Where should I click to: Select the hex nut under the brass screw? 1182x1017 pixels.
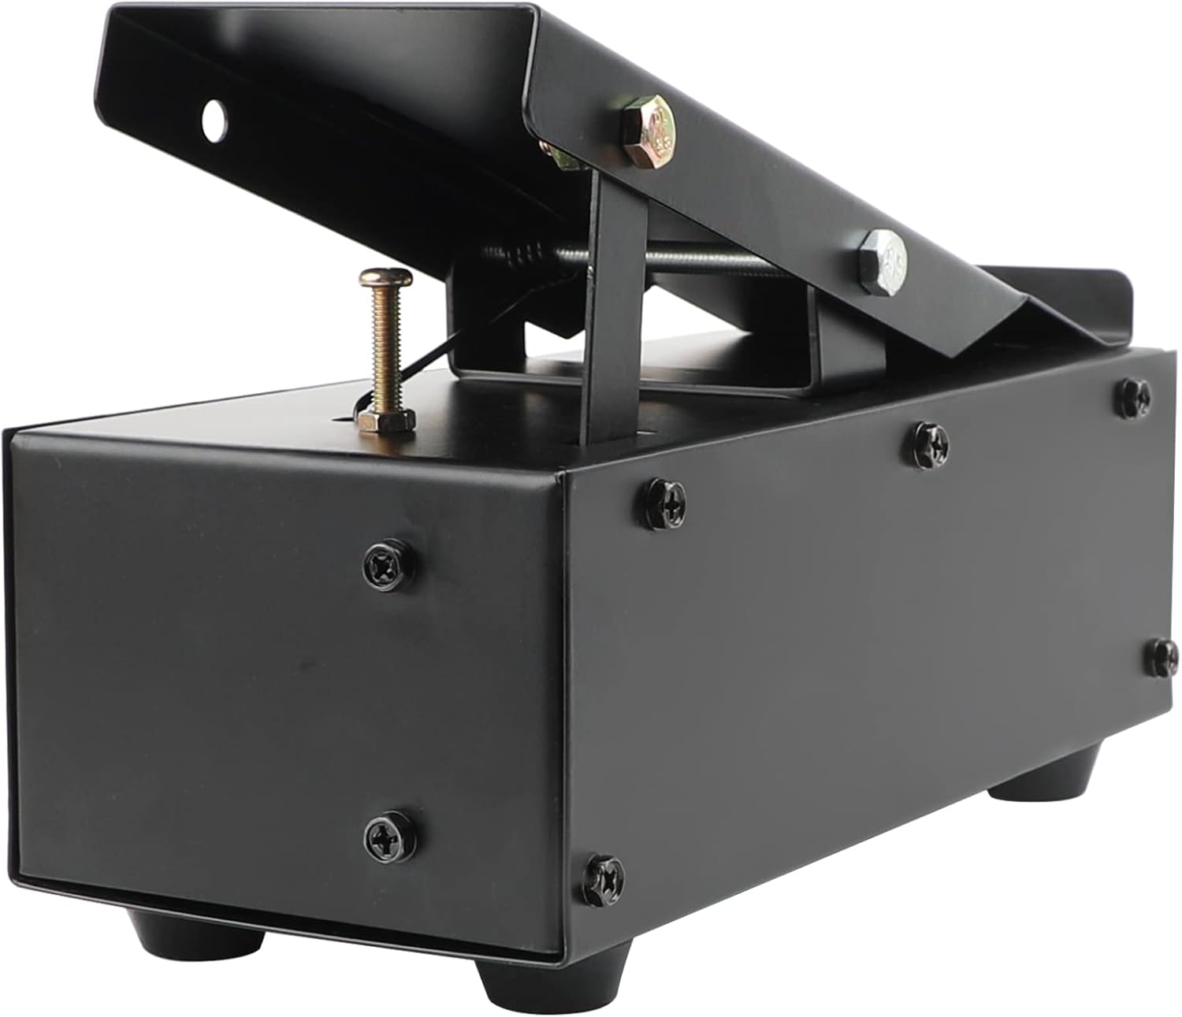pos(385,421)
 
